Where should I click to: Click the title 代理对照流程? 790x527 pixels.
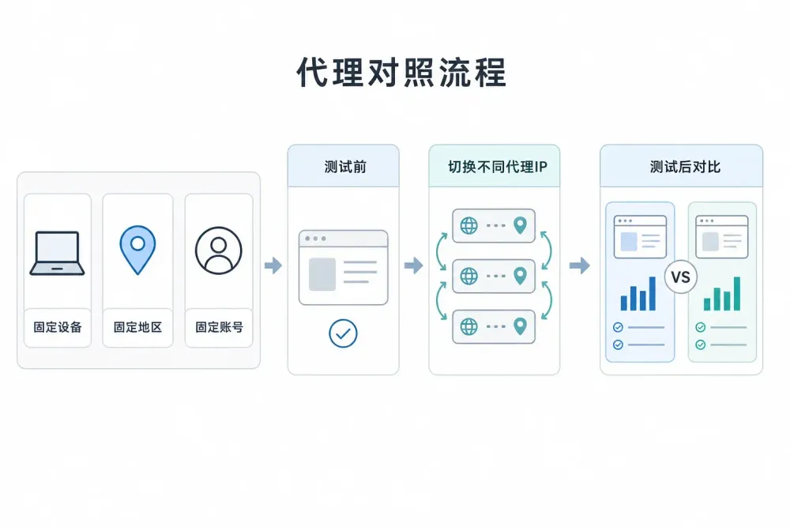pos(401,73)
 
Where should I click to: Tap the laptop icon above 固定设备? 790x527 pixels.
pos(57,253)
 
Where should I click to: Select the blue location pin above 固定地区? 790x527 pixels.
pos(137,250)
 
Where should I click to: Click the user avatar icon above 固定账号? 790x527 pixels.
pos(219,250)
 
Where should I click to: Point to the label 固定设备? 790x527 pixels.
pos(58,327)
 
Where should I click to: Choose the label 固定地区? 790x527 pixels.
pos(137,327)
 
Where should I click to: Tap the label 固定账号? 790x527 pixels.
pos(219,327)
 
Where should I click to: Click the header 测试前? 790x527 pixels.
pos(345,167)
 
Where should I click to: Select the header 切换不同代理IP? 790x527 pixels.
pos(497,167)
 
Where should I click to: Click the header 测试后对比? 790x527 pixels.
pos(685,167)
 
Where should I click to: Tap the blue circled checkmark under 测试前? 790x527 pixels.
pos(343,333)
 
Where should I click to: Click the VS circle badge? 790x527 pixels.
pos(681,277)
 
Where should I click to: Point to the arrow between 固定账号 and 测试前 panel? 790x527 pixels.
pos(273,265)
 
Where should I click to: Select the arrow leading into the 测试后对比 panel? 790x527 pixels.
pos(579,265)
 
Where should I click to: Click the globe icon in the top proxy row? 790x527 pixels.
pos(469,226)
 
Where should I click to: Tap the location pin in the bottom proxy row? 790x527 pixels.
pos(520,326)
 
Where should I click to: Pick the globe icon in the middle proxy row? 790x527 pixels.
pos(469,276)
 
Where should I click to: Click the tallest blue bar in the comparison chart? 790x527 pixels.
pos(653,293)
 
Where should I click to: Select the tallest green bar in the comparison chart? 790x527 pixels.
pos(737,293)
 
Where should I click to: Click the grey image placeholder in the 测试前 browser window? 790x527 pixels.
pos(322,274)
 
